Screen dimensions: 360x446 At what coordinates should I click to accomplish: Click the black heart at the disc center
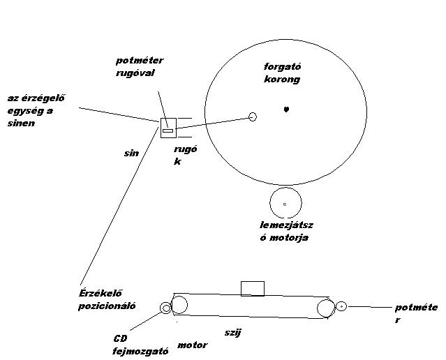coord(286,109)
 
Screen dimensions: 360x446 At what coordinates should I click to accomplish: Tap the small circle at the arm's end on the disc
coord(253,117)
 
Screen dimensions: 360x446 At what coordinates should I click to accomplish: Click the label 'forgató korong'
coord(282,73)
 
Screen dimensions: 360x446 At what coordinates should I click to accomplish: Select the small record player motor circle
coord(285,203)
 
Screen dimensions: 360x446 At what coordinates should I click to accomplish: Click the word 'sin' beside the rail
coord(131,152)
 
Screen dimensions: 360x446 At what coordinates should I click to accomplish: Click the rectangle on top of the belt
coord(252,288)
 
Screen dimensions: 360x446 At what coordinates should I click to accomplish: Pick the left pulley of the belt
coord(179,304)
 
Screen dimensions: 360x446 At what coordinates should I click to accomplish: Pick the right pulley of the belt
coord(325,307)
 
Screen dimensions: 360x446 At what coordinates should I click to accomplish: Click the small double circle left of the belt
coord(166,308)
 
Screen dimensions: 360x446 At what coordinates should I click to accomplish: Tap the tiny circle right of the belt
coord(341,306)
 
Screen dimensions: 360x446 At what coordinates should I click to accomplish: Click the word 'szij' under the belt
coord(233,333)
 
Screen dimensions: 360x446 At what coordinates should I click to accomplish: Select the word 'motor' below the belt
coord(193,345)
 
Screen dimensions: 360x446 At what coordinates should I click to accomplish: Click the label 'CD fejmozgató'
coord(140,345)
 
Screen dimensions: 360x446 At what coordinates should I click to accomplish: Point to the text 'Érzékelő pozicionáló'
coord(107,299)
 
